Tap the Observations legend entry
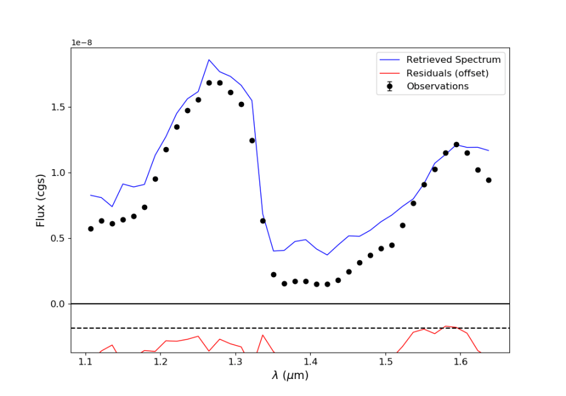[x=437, y=86]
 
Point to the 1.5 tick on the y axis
[x=59, y=107]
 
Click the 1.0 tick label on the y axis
[x=59, y=173]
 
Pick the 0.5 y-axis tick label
[x=59, y=238]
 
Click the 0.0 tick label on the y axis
[x=59, y=304]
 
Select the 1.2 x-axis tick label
[x=160, y=362]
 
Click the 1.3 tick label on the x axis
[x=235, y=362]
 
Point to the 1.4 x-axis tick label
[x=310, y=362]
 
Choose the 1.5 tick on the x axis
[x=386, y=362]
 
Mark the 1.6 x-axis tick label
[x=460, y=362]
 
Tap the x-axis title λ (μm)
[x=290, y=376]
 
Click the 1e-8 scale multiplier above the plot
[x=82, y=42]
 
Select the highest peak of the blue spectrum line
[x=209, y=60]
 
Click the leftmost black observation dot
[x=91, y=229]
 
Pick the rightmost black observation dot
[x=489, y=180]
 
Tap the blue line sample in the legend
[x=390, y=60]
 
